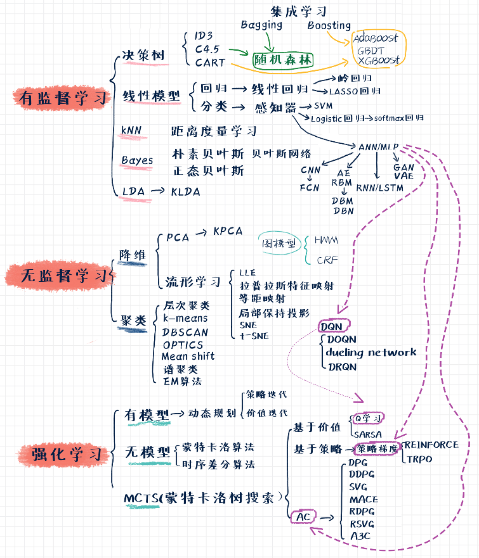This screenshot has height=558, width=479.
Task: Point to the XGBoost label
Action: pos(378,60)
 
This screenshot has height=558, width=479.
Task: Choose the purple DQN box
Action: pos(332,327)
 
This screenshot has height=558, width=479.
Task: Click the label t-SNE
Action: pos(254,336)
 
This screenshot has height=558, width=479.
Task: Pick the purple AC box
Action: pos(303,517)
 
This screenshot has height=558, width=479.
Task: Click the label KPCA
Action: pos(228,231)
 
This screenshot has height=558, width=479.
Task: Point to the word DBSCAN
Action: pos(185,332)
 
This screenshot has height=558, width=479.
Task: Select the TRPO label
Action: pos(419,459)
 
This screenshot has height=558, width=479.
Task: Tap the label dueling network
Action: pos(371,352)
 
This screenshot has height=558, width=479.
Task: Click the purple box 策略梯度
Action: pos(377,449)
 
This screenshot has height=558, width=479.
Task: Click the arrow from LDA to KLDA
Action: pos(159,191)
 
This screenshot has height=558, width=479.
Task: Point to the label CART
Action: pos(209,62)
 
